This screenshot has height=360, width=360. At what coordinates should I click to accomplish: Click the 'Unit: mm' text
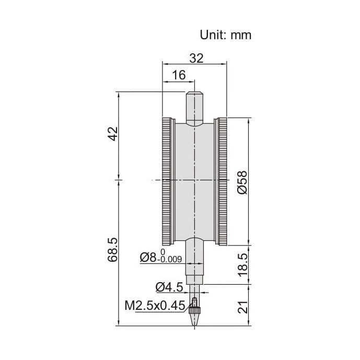pos(226,35)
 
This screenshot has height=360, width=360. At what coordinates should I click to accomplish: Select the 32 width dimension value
pos(196,58)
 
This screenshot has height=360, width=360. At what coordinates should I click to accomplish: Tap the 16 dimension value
pos(179,75)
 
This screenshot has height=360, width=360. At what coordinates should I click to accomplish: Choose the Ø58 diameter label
pos(242,182)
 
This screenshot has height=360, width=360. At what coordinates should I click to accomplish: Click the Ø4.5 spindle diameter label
pos(169,286)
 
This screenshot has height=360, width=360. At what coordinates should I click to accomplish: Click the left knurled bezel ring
pos(167,181)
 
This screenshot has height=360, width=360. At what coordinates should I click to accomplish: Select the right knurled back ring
pos(222,181)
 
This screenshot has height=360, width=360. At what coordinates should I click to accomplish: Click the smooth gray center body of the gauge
pos(194,181)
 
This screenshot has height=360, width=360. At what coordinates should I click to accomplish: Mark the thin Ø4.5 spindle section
pos(194,288)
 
